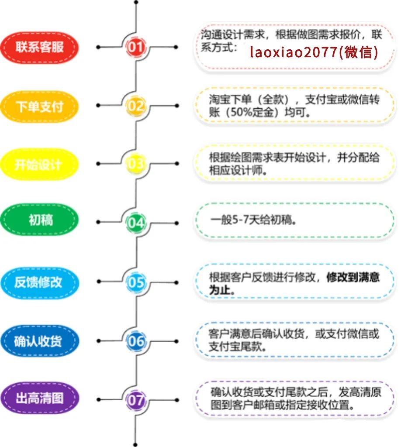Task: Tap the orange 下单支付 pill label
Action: coord(39,106)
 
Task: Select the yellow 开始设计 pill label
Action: coord(39,165)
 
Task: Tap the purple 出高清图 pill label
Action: coord(39,399)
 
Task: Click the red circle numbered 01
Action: coord(136,47)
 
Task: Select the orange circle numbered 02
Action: coord(136,106)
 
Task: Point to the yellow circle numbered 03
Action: coord(136,164)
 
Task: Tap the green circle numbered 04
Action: coord(136,223)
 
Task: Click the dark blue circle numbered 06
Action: coord(136,341)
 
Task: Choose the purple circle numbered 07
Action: coord(136,399)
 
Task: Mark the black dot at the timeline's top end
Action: coord(136,3)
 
